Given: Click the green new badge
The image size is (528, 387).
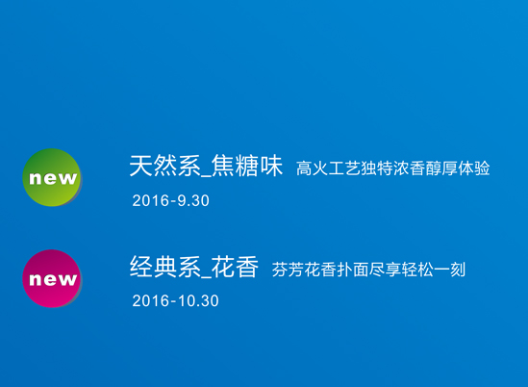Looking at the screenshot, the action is coord(52,177).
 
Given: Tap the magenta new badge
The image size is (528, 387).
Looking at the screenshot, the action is coord(52,278).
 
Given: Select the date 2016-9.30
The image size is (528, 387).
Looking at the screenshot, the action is coord(171,200).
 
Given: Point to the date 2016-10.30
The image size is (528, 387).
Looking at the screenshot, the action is coord(175,300).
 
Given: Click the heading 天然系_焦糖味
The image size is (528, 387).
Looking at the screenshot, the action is coord(206,166).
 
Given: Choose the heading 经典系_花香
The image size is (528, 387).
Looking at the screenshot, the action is coord(194,267).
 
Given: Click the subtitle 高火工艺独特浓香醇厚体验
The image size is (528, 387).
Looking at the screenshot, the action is coord(393,168).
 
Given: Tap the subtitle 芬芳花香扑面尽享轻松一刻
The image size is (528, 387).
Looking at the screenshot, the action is coord(368,270).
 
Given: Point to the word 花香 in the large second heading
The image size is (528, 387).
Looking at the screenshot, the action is coord(236,267).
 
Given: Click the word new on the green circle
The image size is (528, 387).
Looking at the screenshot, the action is coord(53,178).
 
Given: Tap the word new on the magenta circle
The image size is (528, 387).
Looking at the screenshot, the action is coord(53,279).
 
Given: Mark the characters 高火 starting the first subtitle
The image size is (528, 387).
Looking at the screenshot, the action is coord(313,168).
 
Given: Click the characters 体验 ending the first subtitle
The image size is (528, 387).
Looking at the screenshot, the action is coord(474,168).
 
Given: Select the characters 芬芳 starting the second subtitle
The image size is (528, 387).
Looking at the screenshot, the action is coord(288,270).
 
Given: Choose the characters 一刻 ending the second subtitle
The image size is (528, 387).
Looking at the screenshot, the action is coord(450,270).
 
